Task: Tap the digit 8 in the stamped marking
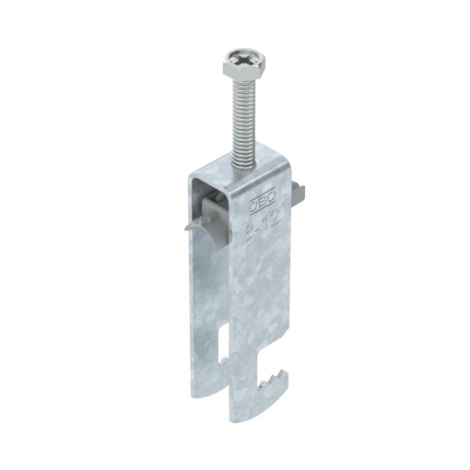point(252,220)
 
